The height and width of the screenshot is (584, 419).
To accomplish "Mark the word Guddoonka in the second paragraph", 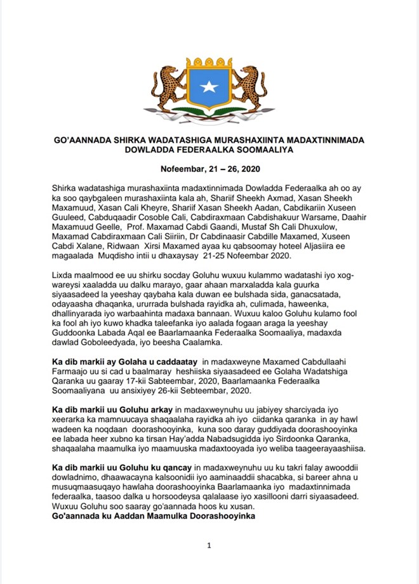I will [x=76, y=340].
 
